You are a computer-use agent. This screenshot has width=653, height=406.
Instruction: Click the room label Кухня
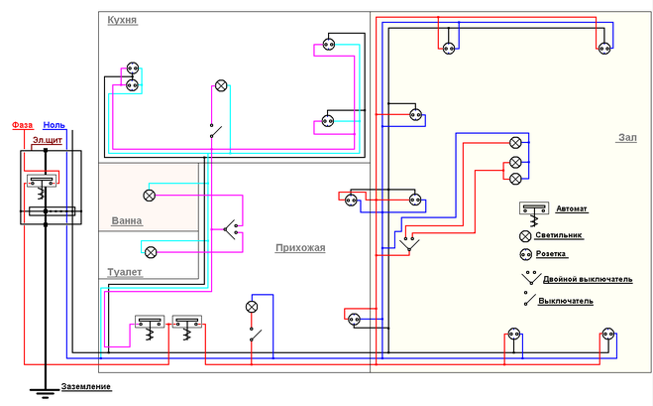point(122,20)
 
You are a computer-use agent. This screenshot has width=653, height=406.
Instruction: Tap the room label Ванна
point(127,220)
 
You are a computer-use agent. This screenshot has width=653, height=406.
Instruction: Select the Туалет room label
point(125,272)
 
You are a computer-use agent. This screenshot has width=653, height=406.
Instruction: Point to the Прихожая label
point(300,248)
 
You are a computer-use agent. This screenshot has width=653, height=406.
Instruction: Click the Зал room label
point(627,138)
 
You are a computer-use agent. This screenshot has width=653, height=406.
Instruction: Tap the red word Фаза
point(22,125)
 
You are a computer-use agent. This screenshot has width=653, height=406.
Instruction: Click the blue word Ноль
point(54,125)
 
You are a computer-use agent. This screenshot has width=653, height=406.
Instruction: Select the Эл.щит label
point(48,140)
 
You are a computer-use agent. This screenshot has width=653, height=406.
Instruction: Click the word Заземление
point(86,386)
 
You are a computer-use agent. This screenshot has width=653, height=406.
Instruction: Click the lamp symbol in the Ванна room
point(149,195)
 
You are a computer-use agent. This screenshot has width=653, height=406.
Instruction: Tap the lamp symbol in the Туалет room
point(151,252)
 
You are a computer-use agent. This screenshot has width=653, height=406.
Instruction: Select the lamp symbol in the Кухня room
point(221,86)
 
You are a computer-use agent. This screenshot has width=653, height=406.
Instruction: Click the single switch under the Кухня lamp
point(215,131)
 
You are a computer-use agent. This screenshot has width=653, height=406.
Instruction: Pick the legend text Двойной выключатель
point(588,279)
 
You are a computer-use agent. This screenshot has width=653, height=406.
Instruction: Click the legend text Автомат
point(572,208)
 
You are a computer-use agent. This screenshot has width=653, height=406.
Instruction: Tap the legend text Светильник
point(559,235)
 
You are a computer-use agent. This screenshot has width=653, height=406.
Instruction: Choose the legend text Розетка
point(551,254)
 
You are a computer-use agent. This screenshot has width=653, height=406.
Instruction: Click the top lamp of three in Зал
point(515,143)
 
